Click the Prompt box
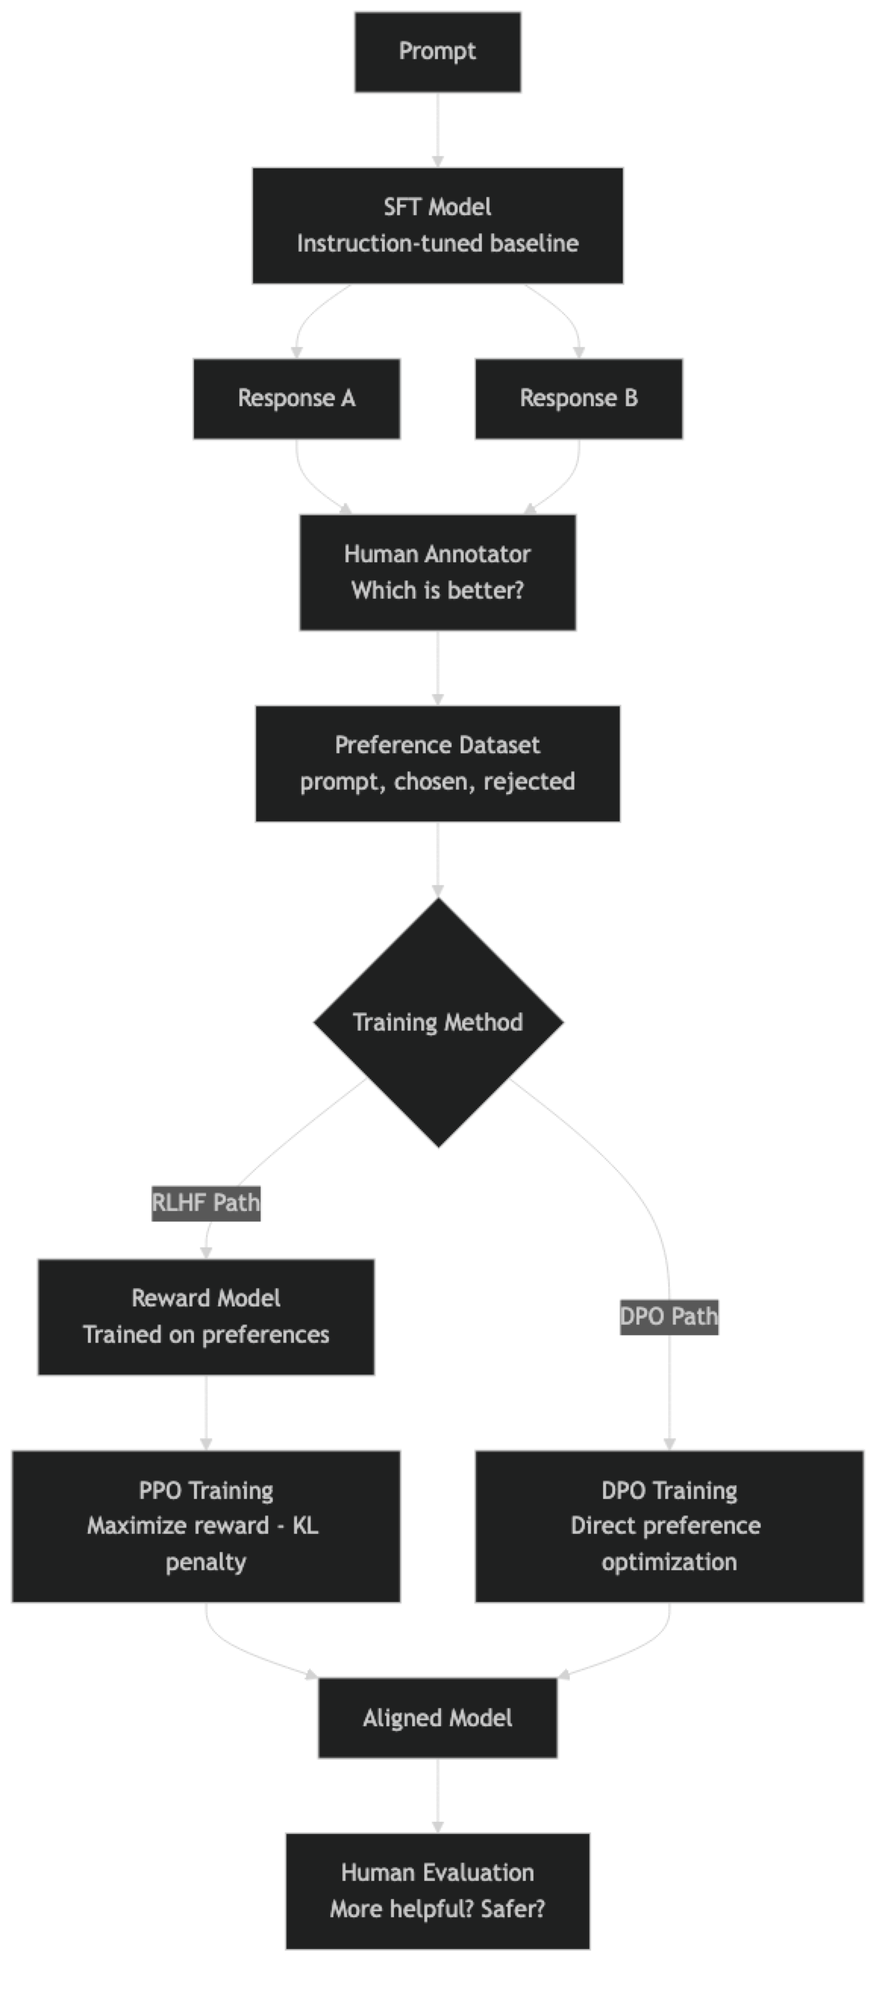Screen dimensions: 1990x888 (438, 52)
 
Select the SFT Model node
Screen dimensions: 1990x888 (438, 225)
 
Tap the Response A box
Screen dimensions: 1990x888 (296, 399)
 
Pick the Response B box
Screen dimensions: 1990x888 (579, 399)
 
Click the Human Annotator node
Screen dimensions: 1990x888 (438, 571)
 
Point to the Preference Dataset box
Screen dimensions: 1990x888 (438, 763)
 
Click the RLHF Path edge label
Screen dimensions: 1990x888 (206, 1203)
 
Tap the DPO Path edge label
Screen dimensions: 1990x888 (670, 1316)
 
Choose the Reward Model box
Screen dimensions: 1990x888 (206, 1316)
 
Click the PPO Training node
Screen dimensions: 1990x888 (206, 1525)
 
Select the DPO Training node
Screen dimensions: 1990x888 (670, 1525)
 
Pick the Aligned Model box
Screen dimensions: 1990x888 (438, 1718)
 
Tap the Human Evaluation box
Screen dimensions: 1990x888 (438, 1890)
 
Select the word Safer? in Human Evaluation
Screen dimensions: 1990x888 (513, 1909)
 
